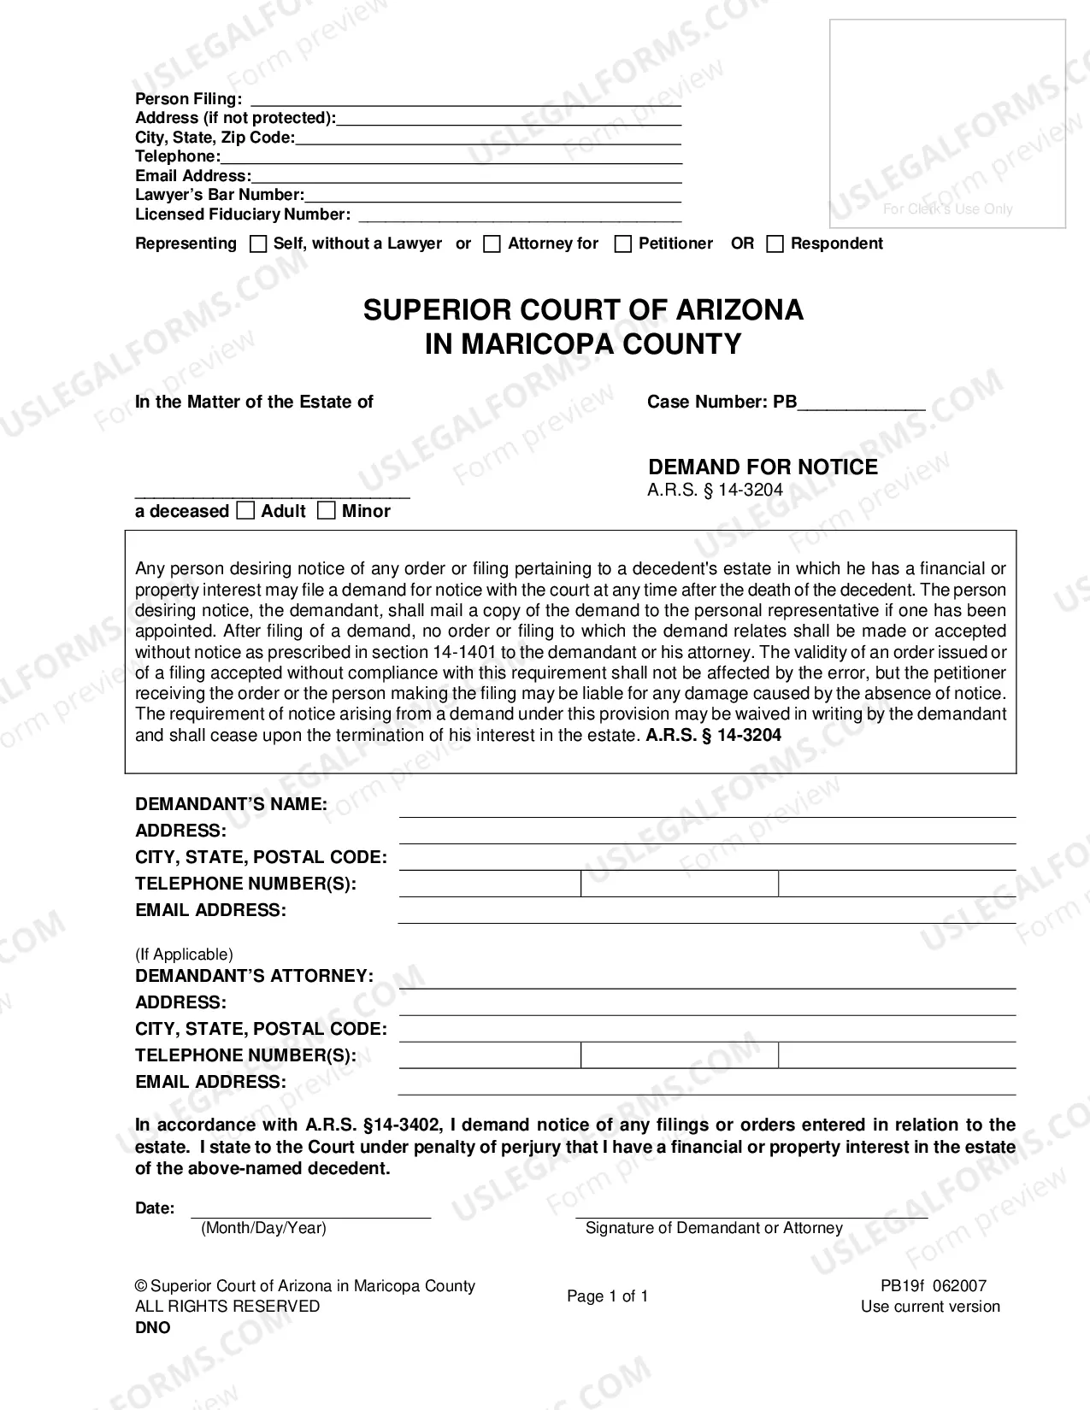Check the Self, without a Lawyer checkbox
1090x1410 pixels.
[258, 244]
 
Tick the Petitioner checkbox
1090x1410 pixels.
[623, 244]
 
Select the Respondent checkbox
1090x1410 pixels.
[775, 244]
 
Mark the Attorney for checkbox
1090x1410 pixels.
[492, 244]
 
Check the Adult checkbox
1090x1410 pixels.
[245, 511]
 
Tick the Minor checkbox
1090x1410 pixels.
[326, 511]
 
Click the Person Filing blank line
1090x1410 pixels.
[465, 99]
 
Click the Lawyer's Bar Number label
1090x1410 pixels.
[220, 195]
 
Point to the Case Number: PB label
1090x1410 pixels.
[722, 402]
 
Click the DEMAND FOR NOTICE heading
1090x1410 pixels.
[763, 467]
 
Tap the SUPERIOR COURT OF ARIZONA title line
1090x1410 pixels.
[583, 309]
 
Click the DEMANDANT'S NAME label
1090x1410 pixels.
[231, 804]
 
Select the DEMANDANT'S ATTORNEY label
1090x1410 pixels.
[254, 976]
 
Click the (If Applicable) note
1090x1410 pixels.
[184, 955]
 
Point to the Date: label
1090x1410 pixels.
[155, 1208]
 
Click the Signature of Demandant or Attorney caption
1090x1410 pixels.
[714, 1228]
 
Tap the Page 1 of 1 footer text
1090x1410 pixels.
[608, 1296]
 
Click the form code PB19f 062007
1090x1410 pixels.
[934, 1286]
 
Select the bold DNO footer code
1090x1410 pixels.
[153, 1328]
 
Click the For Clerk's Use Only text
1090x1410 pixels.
[947, 209]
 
